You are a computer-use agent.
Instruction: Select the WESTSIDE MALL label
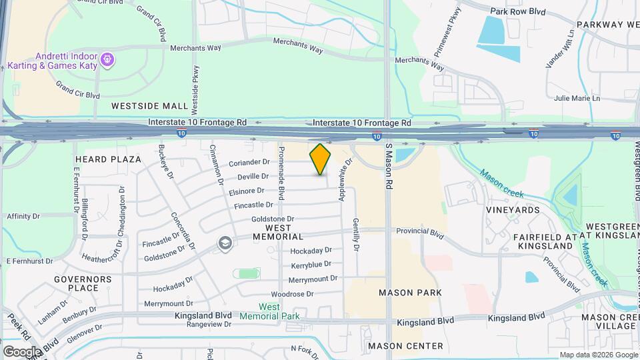click(x=150, y=106)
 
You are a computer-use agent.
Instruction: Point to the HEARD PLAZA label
click(x=108, y=159)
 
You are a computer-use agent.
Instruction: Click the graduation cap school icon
click(x=225, y=243)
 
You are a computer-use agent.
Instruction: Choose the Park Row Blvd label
click(x=518, y=11)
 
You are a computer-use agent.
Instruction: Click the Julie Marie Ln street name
click(x=577, y=98)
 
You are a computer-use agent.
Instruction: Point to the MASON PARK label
click(x=410, y=293)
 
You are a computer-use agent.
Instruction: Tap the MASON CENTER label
click(x=405, y=346)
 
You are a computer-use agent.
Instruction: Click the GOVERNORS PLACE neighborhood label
click(x=77, y=283)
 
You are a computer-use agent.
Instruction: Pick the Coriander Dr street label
click(x=249, y=162)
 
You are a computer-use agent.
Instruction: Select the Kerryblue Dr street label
click(x=311, y=265)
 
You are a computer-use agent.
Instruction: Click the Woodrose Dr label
click(x=292, y=294)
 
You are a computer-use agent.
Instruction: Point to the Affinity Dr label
click(x=23, y=217)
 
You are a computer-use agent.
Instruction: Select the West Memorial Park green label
click(x=279, y=311)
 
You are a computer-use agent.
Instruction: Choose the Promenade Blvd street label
click(x=282, y=173)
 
